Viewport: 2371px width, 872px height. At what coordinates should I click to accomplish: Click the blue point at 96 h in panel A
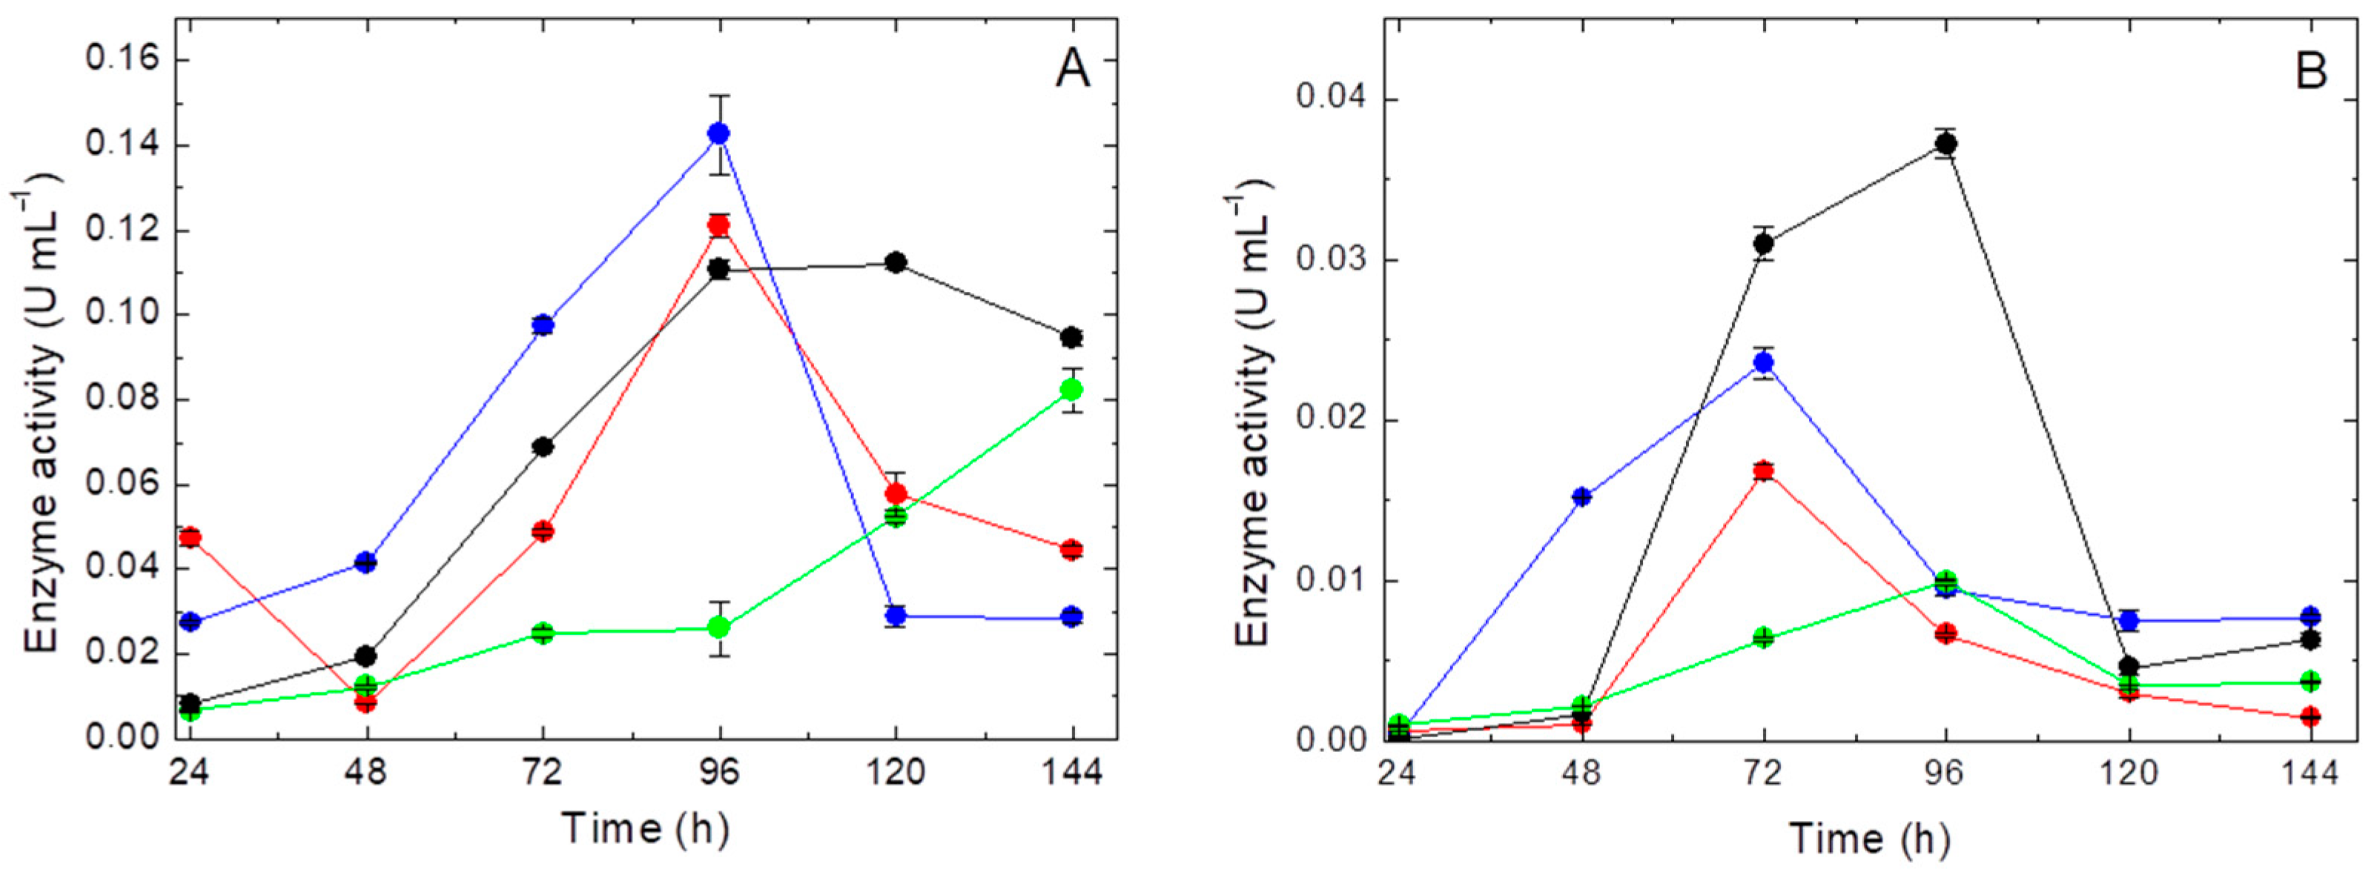719,134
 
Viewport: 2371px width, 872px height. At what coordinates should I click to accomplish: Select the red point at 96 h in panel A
719,225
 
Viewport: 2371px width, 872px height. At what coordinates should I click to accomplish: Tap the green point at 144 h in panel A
1071,390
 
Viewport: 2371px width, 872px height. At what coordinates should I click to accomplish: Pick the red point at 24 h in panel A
191,537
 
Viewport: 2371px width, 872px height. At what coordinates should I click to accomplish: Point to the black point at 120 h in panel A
896,263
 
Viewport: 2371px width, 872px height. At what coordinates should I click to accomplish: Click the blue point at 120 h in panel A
896,616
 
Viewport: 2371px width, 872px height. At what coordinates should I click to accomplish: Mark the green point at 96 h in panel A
719,628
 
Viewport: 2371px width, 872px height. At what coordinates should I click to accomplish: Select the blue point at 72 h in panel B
1764,362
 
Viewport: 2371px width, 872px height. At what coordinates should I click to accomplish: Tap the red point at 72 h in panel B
1764,472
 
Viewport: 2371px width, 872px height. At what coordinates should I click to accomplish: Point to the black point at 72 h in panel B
1764,244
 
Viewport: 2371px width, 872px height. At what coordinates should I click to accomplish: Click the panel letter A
1072,69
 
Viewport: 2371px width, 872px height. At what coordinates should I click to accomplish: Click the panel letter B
2310,71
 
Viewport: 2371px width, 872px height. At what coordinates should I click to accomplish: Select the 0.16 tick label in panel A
122,61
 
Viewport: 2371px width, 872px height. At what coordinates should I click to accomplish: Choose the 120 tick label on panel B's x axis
2127,773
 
